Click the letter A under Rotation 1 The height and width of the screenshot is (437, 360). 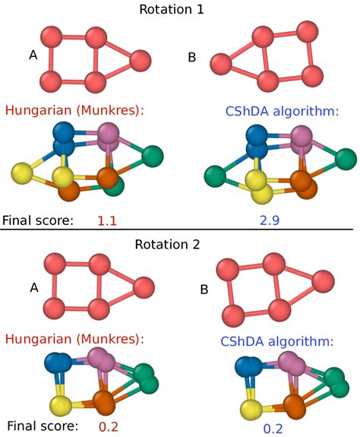coord(33,55)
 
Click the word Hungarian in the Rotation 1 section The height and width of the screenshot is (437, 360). coord(36,110)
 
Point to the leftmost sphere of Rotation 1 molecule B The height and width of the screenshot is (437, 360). coord(220,63)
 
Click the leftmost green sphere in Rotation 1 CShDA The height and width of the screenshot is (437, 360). coord(216,178)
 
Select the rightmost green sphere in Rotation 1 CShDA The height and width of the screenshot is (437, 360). coord(345,157)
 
